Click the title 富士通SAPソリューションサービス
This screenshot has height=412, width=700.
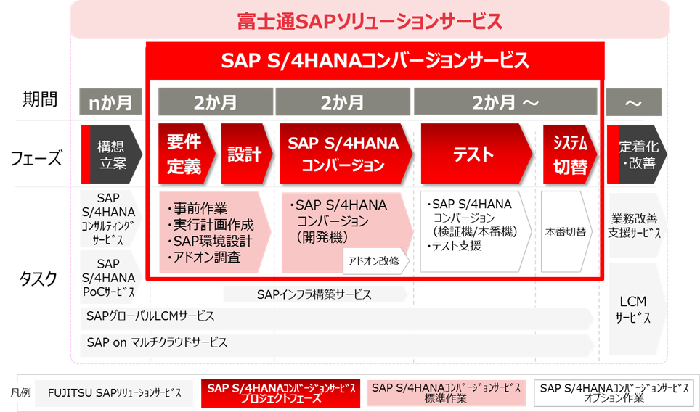click(x=370, y=22)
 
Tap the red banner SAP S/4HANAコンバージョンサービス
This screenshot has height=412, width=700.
click(x=375, y=61)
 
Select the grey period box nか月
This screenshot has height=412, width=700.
click(x=110, y=102)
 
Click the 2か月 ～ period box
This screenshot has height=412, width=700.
click(x=505, y=102)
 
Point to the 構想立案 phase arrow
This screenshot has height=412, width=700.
click(x=112, y=154)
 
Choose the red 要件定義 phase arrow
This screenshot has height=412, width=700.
click(x=187, y=154)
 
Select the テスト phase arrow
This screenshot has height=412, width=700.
click(x=476, y=154)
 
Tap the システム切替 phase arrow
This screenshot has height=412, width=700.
click(x=570, y=154)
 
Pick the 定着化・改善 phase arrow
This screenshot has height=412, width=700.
click(x=637, y=154)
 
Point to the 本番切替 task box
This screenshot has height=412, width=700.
click(x=566, y=231)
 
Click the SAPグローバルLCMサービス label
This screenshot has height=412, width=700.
click(x=150, y=316)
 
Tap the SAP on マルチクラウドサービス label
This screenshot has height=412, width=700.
click(x=157, y=342)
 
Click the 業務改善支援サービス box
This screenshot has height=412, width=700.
click(x=635, y=225)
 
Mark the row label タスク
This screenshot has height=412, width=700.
click(x=38, y=279)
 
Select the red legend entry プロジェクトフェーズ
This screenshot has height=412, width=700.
click(x=281, y=393)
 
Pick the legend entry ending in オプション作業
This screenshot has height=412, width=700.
click(x=614, y=393)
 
